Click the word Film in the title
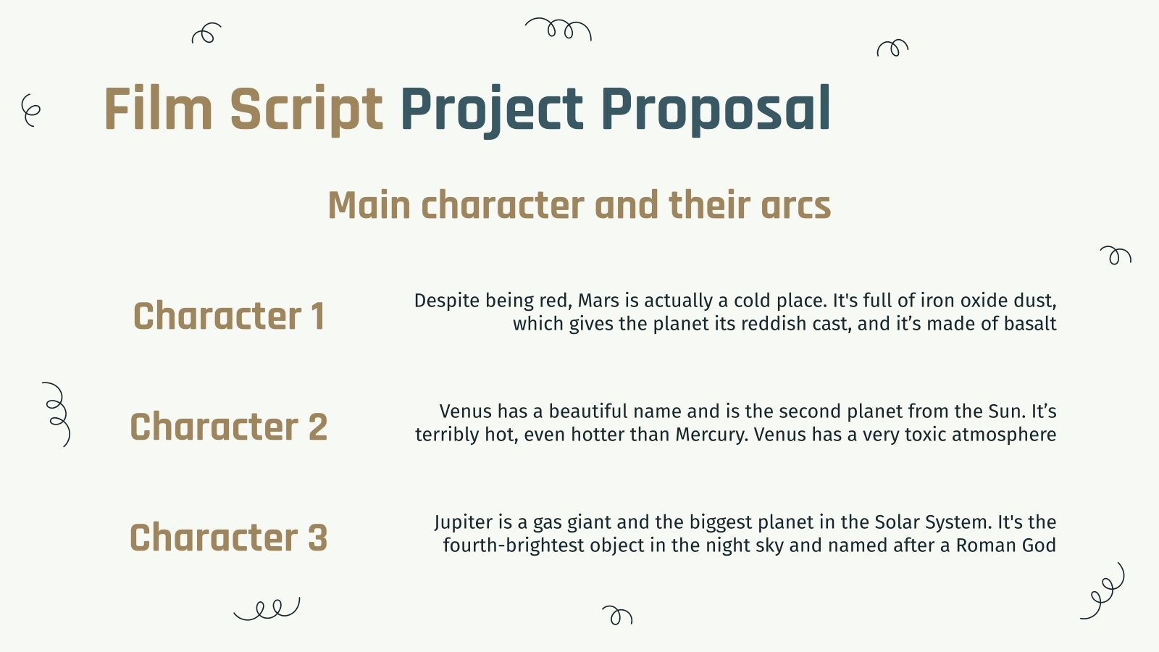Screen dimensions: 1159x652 (x=159, y=109)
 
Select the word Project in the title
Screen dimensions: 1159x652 (x=492, y=111)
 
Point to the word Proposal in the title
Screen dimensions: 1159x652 (x=716, y=111)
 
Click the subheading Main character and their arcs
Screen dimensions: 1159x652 (x=579, y=205)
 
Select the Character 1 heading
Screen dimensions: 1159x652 (x=229, y=316)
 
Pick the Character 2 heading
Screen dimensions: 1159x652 (x=229, y=427)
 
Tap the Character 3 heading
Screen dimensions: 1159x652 (x=229, y=537)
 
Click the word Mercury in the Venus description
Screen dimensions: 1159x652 (x=712, y=435)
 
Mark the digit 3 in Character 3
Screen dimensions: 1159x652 (x=318, y=538)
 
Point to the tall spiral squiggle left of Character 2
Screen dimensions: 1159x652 (x=57, y=414)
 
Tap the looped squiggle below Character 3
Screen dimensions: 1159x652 (x=267, y=609)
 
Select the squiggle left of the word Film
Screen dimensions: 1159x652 (x=30, y=110)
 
